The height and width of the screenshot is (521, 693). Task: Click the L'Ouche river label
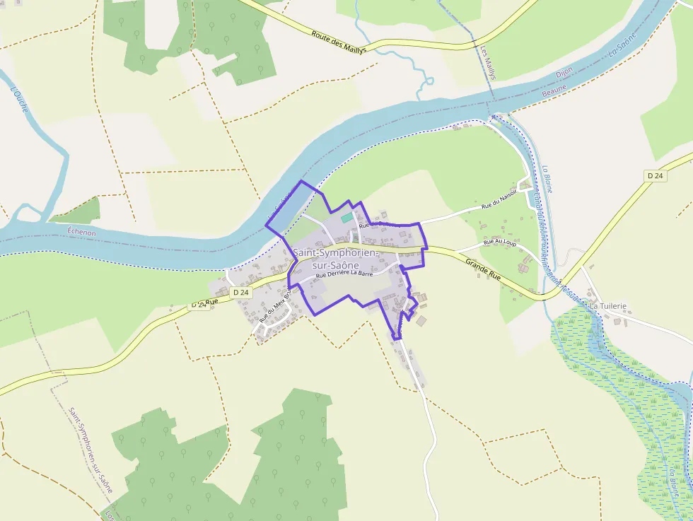click(x=20, y=103)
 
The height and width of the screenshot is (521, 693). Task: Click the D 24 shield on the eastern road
click(x=656, y=175)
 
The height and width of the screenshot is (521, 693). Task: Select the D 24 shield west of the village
click(x=241, y=292)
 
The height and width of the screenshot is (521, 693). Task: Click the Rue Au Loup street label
click(x=499, y=242)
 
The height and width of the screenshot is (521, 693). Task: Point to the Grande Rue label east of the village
click(x=483, y=269)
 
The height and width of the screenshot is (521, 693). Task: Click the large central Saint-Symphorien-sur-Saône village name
click(x=336, y=258)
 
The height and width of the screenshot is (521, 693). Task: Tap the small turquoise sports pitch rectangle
click(x=346, y=218)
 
